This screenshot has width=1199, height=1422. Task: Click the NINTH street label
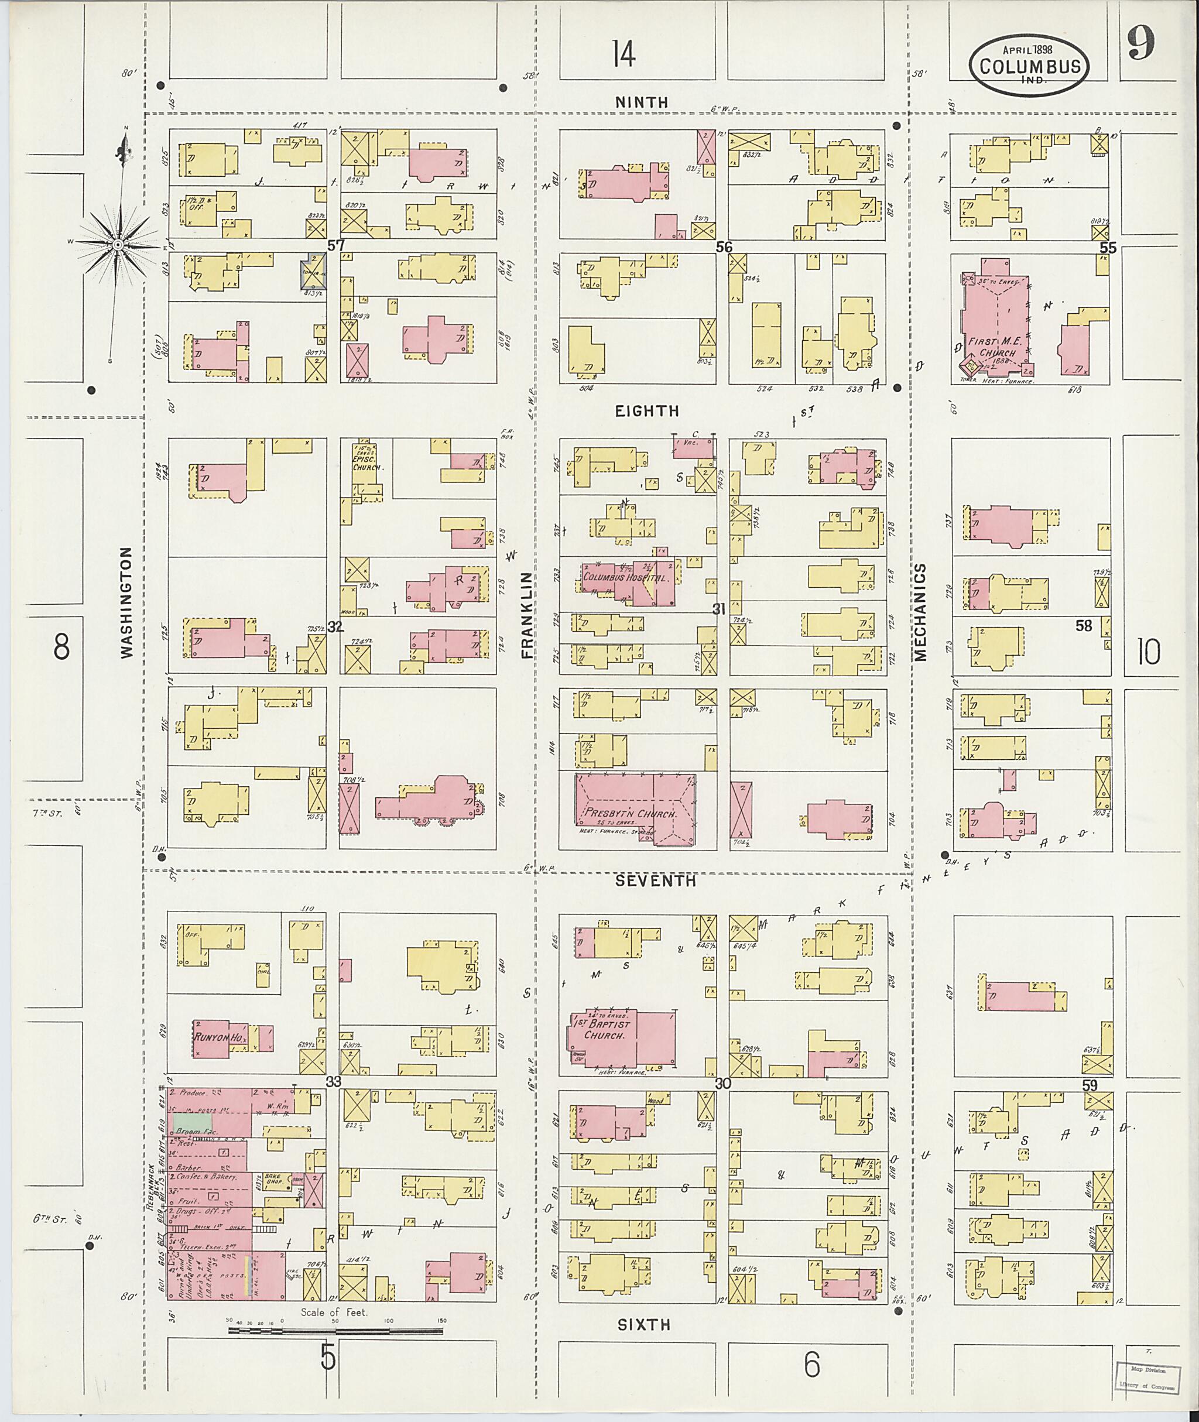pos(641,102)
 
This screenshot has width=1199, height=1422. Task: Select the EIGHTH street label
pos(646,410)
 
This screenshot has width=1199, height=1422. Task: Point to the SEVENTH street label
pos(655,880)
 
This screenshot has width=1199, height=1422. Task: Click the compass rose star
pos(117,244)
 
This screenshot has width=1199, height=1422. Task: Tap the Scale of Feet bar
pos(334,1329)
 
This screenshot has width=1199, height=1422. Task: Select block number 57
pos(336,245)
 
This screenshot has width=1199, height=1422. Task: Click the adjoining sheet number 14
pos(624,54)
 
